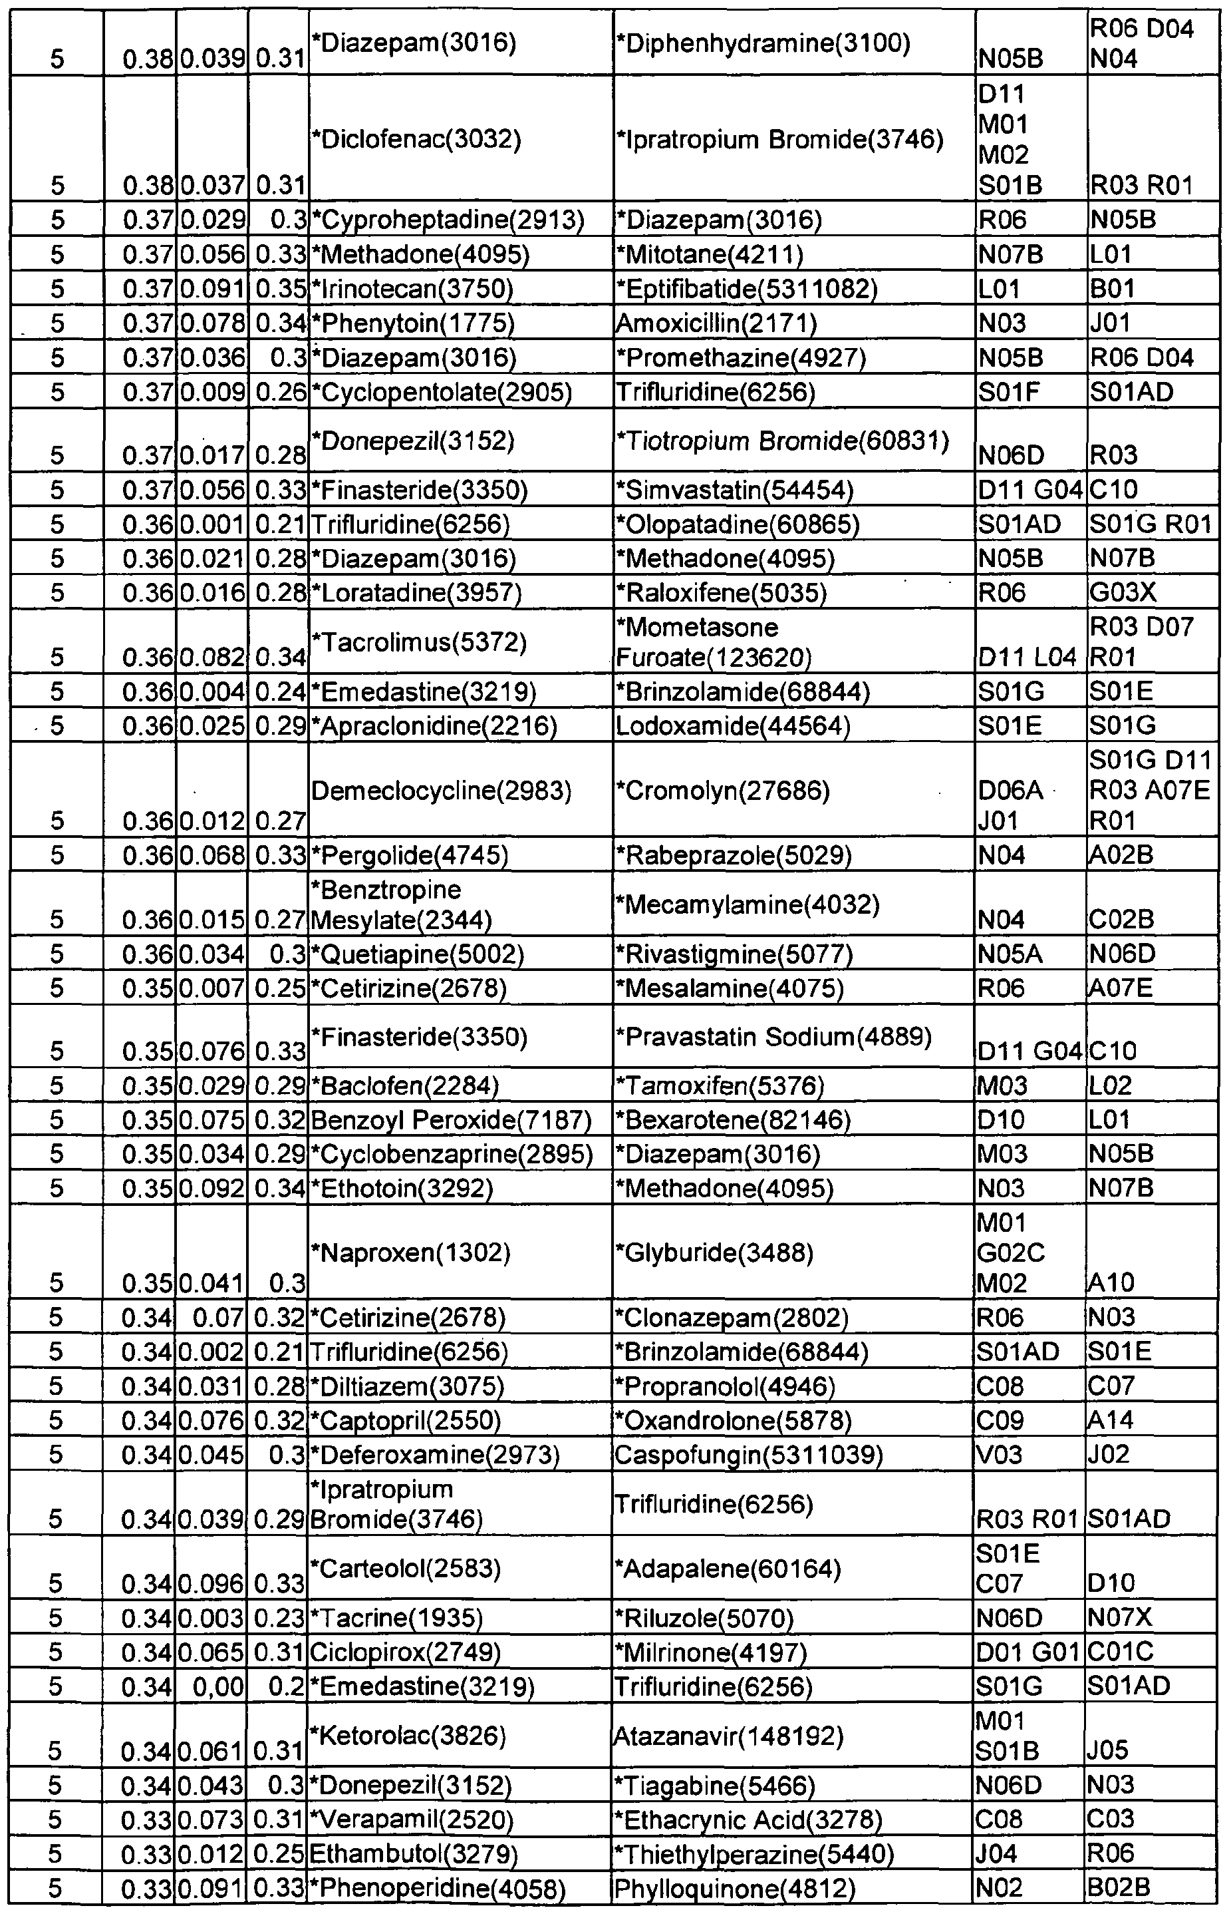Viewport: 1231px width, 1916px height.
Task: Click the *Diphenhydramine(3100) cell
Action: pos(763,43)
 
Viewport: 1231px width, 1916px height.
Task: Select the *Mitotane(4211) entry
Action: pos(710,254)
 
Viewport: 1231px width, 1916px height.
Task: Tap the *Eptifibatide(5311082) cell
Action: pos(747,289)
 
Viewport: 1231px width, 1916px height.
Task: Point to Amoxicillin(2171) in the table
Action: pos(716,323)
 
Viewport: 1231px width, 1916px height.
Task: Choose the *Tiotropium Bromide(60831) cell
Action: pos(783,441)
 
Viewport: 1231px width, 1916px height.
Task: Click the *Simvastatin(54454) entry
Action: pos(736,489)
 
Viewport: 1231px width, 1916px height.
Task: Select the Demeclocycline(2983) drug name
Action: pos(441,791)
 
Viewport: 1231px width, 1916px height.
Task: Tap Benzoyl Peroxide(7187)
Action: pos(451,1120)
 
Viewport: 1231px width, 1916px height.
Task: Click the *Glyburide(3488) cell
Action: pos(716,1252)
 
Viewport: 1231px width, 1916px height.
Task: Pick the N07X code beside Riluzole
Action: pos(1121,1619)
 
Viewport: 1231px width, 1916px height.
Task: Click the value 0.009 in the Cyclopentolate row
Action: pos(212,392)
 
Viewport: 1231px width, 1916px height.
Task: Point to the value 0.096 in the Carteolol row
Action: pos(212,1583)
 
